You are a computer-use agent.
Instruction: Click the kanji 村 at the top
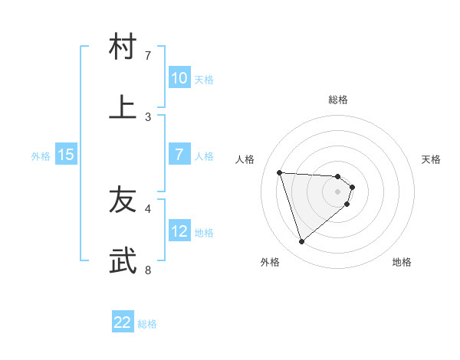pos(123,47)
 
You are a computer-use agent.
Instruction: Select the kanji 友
pos(123,200)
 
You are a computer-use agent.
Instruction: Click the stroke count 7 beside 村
pos(148,56)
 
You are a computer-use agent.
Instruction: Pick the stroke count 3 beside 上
pos(148,117)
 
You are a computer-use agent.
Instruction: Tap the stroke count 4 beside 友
pos(148,208)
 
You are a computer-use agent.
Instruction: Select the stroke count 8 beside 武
pos(148,270)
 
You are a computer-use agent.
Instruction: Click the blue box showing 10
pos(179,78)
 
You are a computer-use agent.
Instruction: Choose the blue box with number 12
pos(179,231)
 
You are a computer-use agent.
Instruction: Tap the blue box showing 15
pos(66,155)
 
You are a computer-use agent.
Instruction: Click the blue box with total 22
pos(123,322)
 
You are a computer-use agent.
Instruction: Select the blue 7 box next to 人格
pos(179,155)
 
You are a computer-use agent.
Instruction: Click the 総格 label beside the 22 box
pos(147,324)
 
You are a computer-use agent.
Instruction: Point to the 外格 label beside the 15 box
pos(41,156)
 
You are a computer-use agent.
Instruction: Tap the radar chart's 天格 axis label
pos(432,159)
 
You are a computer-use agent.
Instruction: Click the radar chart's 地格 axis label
pos(402,262)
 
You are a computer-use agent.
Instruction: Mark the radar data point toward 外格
pos(301,242)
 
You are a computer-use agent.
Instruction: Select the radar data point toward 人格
pos(280,172)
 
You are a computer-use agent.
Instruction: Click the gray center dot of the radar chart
pos(337,201)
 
